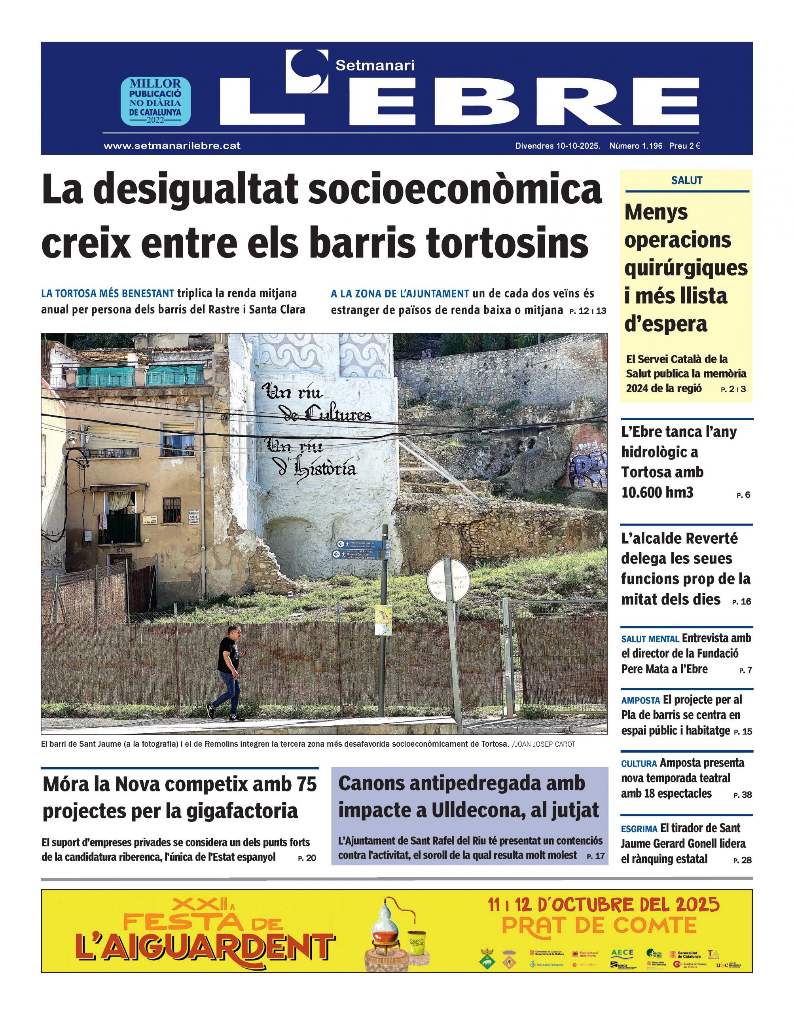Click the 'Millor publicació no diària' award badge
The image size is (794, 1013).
[x=156, y=101]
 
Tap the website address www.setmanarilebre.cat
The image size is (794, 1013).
[x=172, y=146]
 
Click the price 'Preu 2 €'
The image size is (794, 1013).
[x=684, y=146]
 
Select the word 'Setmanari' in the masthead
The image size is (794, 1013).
[x=375, y=66]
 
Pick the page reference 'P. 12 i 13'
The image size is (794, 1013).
[x=587, y=311]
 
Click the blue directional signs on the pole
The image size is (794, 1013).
[x=360, y=549]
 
